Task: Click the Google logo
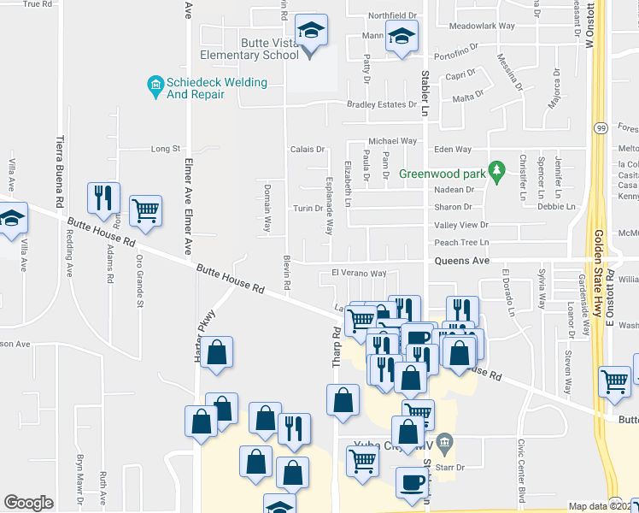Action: click(x=28, y=503)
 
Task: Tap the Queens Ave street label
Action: click(x=461, y=260)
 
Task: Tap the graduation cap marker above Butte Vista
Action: click(x=310, y=32)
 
